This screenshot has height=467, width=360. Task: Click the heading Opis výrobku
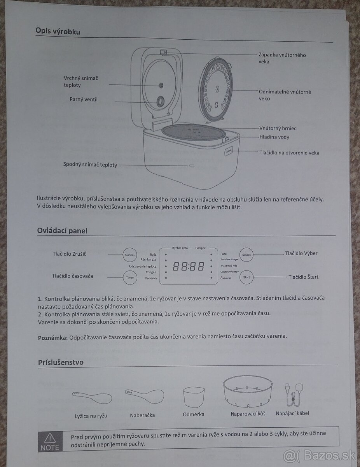[58, 31]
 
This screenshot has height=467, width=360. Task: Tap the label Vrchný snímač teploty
[81, 82]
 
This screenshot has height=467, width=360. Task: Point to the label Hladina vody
[274, 137]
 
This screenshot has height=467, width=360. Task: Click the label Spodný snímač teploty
[90, 165]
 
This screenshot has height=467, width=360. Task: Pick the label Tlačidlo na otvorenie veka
[289, 153]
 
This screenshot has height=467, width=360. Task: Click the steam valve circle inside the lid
[160, 102]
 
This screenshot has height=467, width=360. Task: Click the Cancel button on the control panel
[129, 255]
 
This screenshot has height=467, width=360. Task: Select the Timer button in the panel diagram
[129, 277]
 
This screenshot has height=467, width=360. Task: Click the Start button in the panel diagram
[246, 277]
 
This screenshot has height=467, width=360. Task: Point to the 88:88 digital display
[188, 267]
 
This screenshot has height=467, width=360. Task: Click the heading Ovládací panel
[62, 230]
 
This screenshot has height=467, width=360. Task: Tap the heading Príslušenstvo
[61, 363]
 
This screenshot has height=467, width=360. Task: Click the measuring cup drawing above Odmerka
[193, 396]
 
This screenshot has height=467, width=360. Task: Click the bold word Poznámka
[53, 336]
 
